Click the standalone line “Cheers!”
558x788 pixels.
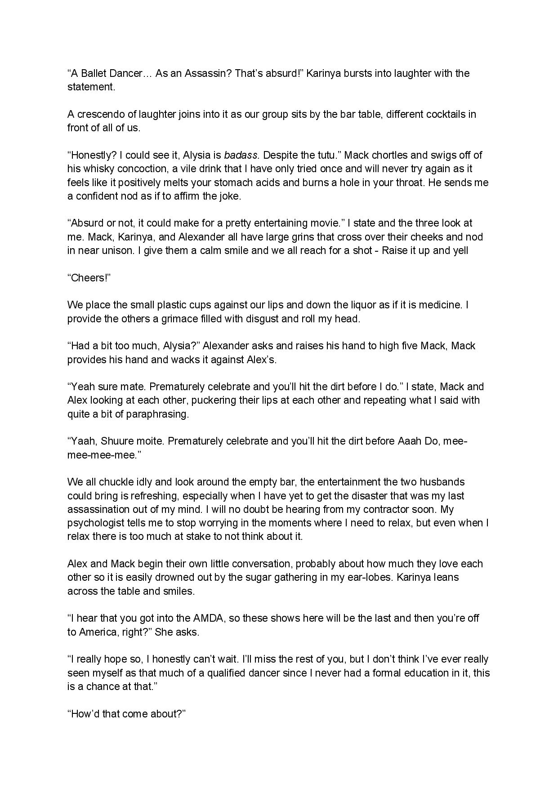(x=89, y=278)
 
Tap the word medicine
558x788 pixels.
(x=438, y=305)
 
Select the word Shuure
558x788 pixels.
(x=116, y=441)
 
